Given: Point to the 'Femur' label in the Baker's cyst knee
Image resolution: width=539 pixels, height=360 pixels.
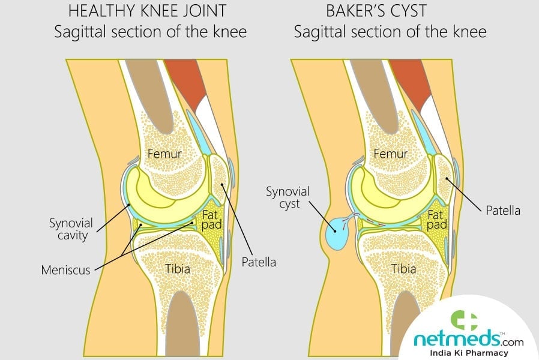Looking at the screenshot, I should [x=391, y=154].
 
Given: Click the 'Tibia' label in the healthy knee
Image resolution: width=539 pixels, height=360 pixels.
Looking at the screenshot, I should [x=178, y=268].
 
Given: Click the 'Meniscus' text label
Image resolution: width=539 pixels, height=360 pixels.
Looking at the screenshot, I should [x=65, y=270].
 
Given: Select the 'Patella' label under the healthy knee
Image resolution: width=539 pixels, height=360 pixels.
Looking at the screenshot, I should [x=259, y=262].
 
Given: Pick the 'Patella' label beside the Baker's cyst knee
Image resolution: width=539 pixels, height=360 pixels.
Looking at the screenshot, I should [x=502, y=211].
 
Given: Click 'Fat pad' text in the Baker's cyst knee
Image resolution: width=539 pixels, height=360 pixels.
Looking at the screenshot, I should [x=438, y=221].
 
